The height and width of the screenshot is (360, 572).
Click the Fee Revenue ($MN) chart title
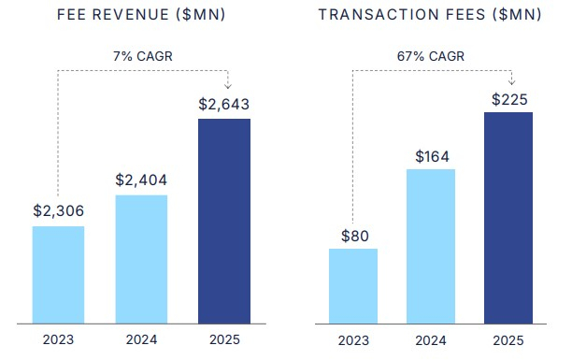point(140,16)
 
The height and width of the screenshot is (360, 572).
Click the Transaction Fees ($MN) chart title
point(430,16)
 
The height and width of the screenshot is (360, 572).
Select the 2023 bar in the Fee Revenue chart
point(58,272)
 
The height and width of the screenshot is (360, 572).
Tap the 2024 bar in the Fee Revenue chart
point(141,257)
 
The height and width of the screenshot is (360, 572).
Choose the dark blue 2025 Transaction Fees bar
point(508,215)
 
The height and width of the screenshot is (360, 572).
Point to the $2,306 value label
point(58,211)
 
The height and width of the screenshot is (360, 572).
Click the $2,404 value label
point(141,180)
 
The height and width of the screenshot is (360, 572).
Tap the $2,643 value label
point(224,104)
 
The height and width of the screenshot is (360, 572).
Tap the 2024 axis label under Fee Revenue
point(141,338)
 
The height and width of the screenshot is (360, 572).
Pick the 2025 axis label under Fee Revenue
point(224,338)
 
